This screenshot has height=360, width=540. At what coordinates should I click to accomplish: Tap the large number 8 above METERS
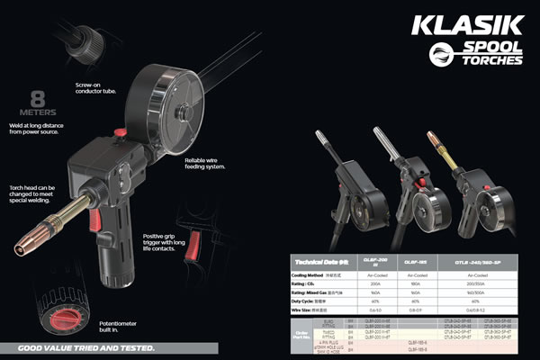[x=39, y=96]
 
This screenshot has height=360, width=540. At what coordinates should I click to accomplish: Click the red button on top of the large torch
[x=118, y=135]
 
